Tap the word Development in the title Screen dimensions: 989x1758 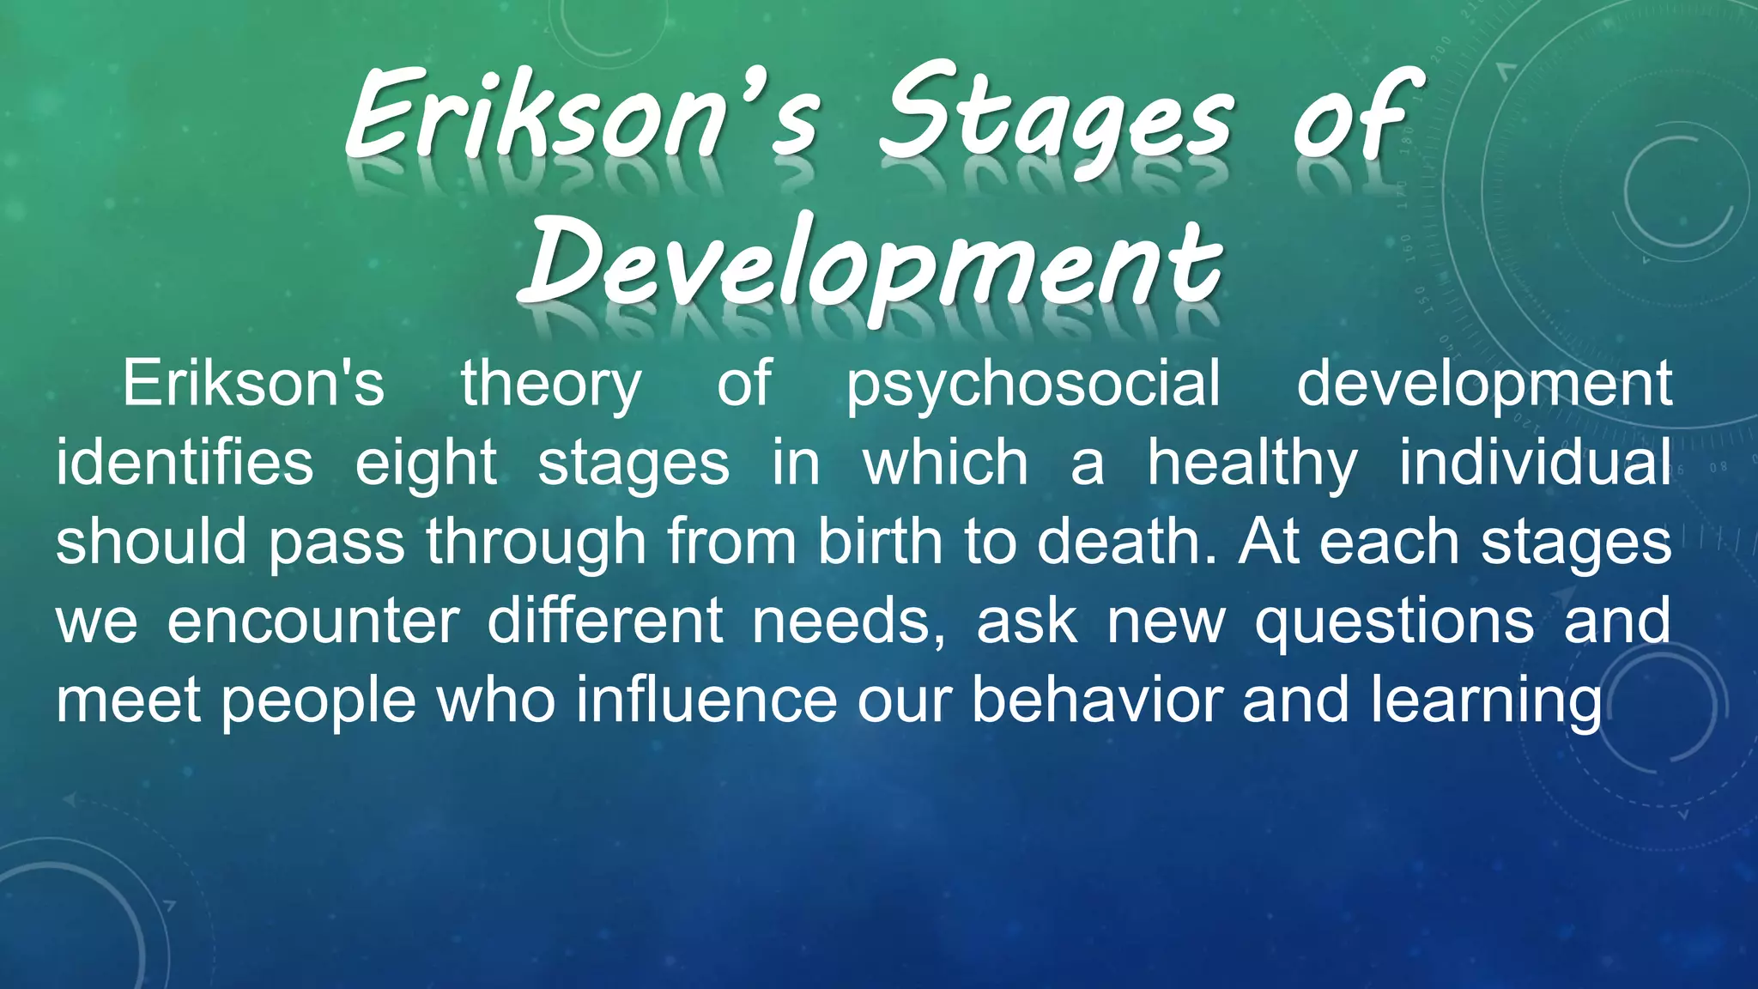871,262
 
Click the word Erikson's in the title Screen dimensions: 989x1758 584,116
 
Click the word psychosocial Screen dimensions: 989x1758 1034,385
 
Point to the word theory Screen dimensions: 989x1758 551,385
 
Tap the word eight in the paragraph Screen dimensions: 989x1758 426,464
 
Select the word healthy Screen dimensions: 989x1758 1252,464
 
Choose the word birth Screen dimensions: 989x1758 881,542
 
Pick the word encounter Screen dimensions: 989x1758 313,621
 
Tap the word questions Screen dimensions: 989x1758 1394,622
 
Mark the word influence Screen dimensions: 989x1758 706,700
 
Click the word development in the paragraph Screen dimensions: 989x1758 1483,385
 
